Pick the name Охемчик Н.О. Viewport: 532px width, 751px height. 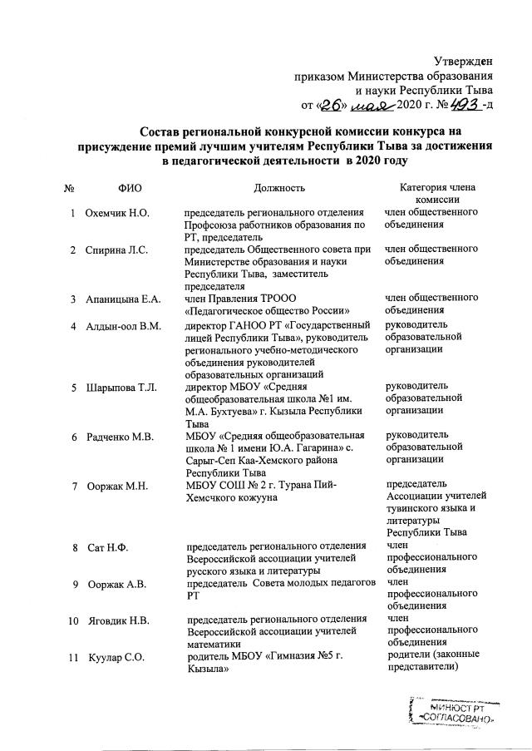[x=117, y=214]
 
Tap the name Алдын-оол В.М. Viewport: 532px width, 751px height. [x=124, y=324]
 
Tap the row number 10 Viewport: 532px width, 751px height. [x=72, y=620]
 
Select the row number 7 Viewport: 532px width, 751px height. [x=75, y=486]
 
